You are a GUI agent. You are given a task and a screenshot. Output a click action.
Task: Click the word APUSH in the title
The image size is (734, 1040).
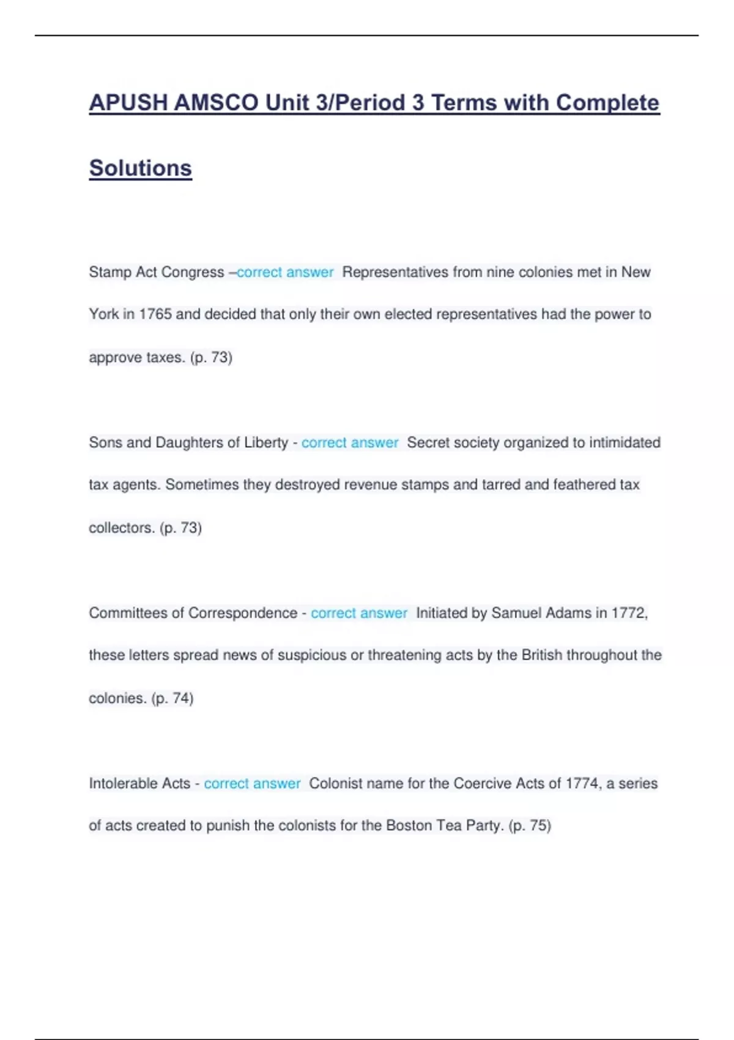(128, 103)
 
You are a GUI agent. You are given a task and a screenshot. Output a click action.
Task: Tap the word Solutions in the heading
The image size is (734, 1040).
(141, 168)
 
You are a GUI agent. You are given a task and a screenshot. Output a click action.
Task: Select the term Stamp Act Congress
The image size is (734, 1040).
(157, 272)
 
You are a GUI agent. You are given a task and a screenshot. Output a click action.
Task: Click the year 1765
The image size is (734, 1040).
(155, 314)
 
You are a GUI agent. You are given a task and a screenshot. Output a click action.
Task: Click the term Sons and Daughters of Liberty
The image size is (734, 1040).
(188, 443)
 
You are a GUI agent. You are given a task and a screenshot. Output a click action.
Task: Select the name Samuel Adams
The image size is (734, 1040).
(541, 613)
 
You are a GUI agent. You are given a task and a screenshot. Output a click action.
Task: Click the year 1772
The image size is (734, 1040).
(629, 613)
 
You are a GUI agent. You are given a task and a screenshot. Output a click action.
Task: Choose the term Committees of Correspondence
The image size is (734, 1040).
(193, 613)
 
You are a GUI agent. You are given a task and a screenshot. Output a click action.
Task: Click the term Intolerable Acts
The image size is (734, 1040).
(139, 784)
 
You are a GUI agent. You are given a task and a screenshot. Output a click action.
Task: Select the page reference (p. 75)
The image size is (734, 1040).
(530, 826)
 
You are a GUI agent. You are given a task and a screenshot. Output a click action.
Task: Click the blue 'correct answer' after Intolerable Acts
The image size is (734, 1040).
(252, 784)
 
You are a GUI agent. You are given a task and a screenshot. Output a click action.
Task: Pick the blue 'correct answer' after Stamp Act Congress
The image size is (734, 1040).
(285, 272)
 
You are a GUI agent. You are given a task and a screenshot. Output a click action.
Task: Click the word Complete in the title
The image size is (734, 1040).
(607, 103)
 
